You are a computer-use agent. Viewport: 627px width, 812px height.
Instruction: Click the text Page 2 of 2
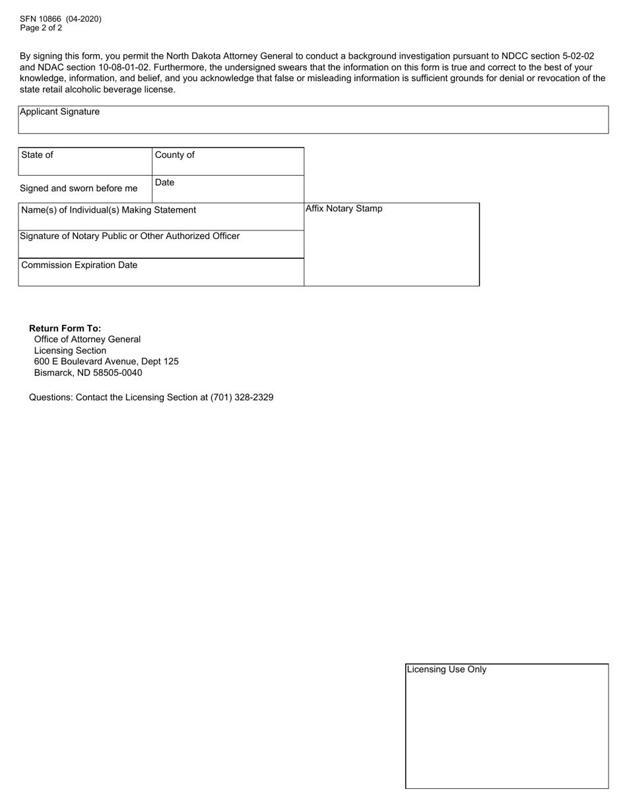tap(41, 28)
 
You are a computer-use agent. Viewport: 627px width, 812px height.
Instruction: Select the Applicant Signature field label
tap(60, 112)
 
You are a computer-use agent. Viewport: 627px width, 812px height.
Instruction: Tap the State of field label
tap(38, 155)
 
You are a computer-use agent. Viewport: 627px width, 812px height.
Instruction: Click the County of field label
tap(175, 155)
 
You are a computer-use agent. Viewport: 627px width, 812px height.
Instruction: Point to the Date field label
tap(165, 183)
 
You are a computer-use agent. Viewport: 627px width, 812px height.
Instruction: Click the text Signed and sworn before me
tap(79, 189)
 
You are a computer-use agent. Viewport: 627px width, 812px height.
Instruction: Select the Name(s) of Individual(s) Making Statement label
tap(109, 210)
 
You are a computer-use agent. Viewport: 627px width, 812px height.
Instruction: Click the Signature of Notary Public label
tap(130, 236)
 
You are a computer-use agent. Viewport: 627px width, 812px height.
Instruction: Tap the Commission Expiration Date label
tap(80, 265)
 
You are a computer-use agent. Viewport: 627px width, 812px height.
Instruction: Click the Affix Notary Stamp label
tap(344, 209)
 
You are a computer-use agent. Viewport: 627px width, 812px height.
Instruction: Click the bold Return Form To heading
tap(65, 328)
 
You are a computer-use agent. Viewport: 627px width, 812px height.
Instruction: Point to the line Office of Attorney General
tap(87, 339)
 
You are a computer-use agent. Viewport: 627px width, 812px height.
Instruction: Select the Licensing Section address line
tap(70, 351)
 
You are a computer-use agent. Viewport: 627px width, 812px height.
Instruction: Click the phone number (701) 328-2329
tap(242, 397)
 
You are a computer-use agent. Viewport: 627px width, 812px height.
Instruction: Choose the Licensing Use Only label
tap(447, 669)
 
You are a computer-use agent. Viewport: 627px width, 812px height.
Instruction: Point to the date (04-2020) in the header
tap(84, 19)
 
